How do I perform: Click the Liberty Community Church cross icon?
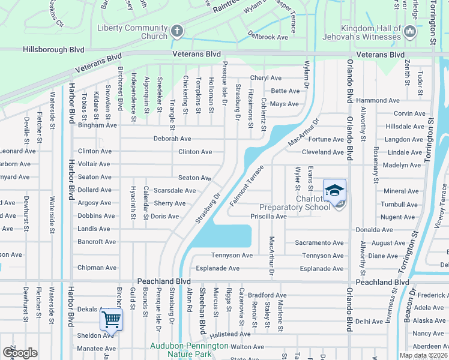point(176,30)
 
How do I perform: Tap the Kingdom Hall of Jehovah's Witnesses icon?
point(411,30)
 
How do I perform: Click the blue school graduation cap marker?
point(334,191)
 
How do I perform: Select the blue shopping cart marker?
point(110,319)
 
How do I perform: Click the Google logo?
point(20,353)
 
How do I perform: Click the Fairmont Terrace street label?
point(246,185)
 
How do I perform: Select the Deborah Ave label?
point(172,139)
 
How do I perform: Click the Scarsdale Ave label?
point(175,191)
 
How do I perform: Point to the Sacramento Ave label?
point(319,243)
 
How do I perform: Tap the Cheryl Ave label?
point(266,78)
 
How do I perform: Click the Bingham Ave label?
point(97,125)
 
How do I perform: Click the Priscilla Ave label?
point(268,216)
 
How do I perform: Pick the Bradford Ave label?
point(267,295)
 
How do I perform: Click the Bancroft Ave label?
point(97,242)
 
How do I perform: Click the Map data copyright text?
point(423,355)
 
